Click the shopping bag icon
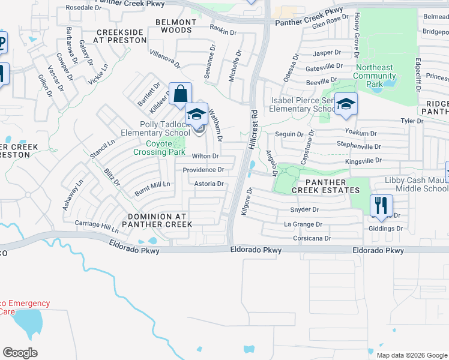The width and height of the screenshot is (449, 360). tap(180, 94)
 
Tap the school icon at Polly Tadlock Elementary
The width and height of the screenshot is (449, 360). tap(196, 114)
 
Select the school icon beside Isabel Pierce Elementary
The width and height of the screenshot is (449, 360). tap(346, 104)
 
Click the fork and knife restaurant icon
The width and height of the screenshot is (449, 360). tap(381, 206)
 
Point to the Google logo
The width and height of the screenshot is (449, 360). tap(20, 352)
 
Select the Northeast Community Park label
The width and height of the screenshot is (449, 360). tap(375, 76)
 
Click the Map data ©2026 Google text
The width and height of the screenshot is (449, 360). tap(411, 355)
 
